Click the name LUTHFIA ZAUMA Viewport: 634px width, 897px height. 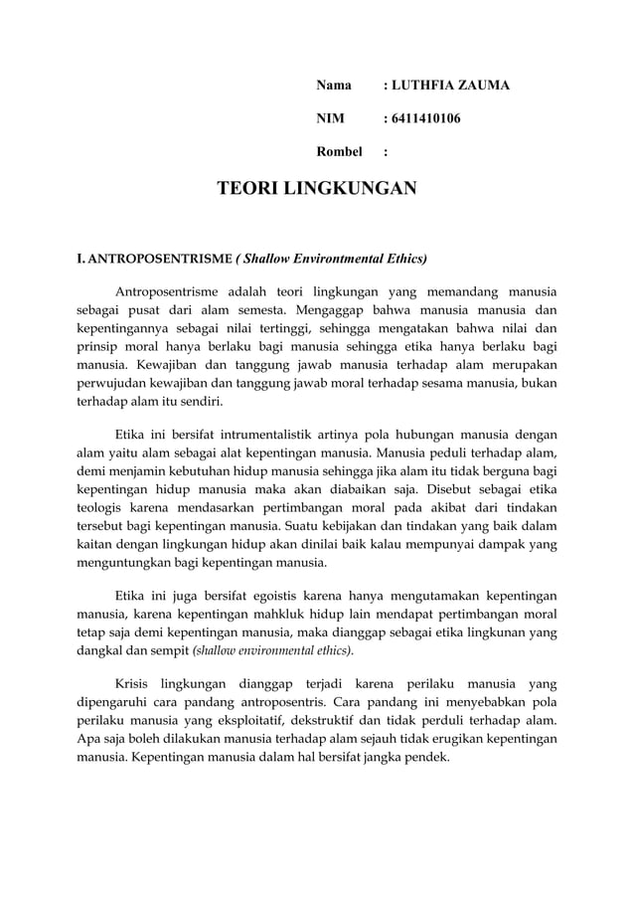pos(450,86)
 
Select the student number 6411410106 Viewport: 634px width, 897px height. pos(425,119)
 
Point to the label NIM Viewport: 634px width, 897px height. pos(330,119)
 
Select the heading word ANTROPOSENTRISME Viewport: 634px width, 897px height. pos(158,260)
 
